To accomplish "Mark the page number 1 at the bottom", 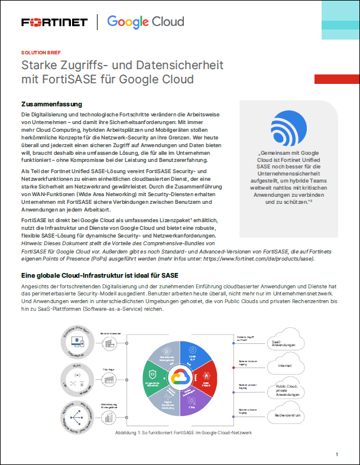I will (x=336, y=454).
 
